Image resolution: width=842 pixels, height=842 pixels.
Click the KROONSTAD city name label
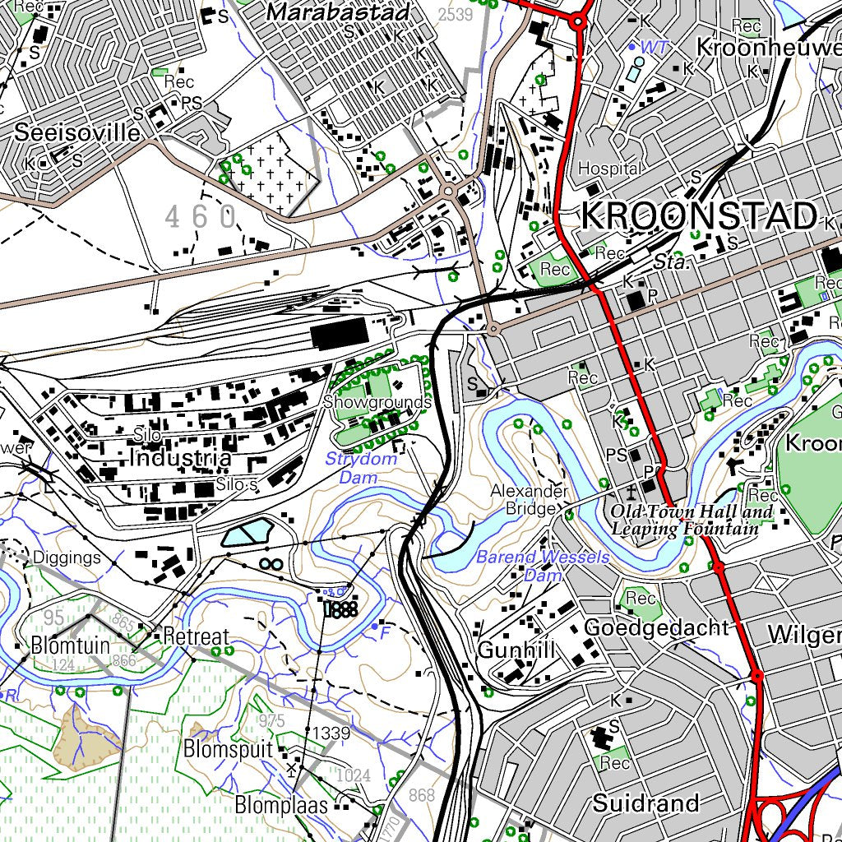(x=699, y=216)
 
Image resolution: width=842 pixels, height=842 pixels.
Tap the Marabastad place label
(x=339, y=13)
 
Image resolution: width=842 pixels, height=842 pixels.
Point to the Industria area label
(x=180, y=458)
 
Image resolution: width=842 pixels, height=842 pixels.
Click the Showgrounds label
(x=377, y=402)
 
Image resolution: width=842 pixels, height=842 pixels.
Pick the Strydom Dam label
(x=361, y=468)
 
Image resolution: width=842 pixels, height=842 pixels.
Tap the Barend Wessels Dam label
(x=543, y=566)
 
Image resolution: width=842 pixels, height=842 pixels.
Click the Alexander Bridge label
(x=530, y=500)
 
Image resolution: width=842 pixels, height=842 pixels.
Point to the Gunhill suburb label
(x=517, y=650)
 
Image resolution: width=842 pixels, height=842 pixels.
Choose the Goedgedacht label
(x=655, y=628)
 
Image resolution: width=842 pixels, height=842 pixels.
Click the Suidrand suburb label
(x=645, y=803)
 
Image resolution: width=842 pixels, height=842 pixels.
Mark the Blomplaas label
(x=281, y=804)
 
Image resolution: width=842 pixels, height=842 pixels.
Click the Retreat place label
(x=196, y=636)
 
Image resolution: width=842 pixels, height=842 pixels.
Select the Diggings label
(x=67, y=557)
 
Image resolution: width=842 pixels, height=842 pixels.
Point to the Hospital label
(x=609, y=168)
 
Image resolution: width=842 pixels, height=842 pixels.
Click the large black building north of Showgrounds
(x=339, y=334)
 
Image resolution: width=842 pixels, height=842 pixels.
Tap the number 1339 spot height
(x=332, y=733)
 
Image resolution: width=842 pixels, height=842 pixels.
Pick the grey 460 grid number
(x=201, y=217)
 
